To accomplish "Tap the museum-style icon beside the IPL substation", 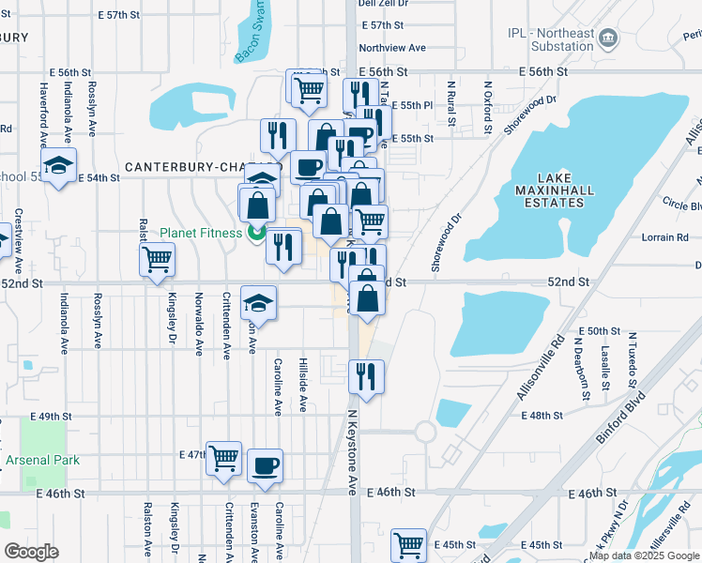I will [x=609, y=38].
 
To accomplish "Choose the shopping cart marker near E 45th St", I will [x=408, y=544].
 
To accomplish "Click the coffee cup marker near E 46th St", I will [x=265, y=466].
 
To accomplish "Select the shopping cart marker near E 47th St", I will [x=223, y=459].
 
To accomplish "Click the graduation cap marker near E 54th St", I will [x=59, y=166].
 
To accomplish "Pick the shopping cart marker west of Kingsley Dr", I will [x=157, y=259].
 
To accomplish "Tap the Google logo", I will [x=33, y=551].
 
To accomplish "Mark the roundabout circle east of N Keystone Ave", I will [x=425, y=433].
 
